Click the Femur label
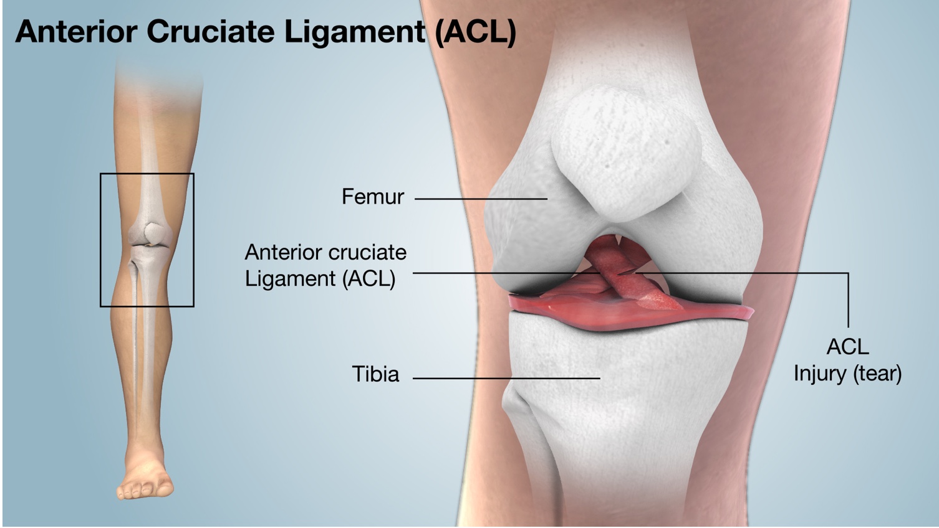coord(373,197)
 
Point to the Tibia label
coord(375,374)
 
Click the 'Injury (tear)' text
coord(847,374)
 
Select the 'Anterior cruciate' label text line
coord(325,253)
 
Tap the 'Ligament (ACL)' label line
coord(320,279)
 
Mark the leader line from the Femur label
coord(481,199)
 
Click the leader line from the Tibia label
coord(506,378)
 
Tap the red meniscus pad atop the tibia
coord(628,314)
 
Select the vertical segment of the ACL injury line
coord(849,300)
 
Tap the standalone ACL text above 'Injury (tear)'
coord(847,347)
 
